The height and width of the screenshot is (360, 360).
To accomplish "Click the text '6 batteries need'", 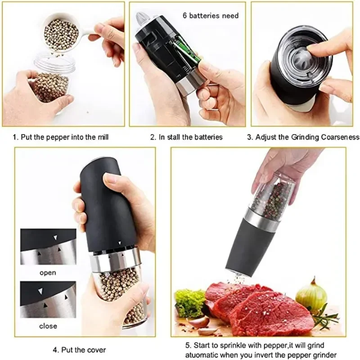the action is pyautogui.click(x=211, y=16).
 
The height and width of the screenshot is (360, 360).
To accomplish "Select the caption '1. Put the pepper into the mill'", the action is pyautogui.click(x=61, y=137).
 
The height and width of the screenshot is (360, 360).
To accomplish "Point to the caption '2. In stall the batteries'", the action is pyautogui.click(x=186, y=137).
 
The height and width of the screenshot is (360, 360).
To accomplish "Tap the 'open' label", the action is pyautogui.click(x=48, y=273).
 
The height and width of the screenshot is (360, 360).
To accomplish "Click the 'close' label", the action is pyautogui.click(x=48, y=326).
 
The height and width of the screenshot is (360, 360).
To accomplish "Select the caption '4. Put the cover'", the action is pyautogui.click(x=80, y=350).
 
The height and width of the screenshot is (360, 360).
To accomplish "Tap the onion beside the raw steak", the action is pyautogui.click(x=311, y=295).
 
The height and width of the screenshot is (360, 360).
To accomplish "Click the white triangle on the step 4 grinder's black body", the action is pyautogui.click(x=120, y=243).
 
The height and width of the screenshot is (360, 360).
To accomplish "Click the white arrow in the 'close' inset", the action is pyautogui.click(x=40, y=291).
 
